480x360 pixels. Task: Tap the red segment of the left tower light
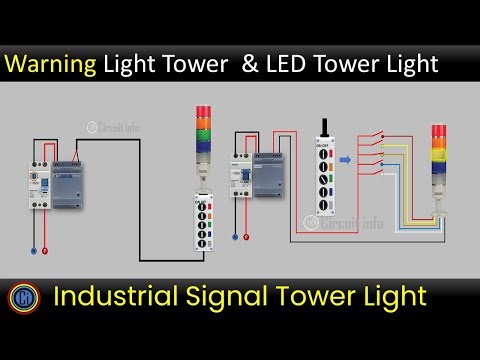(204, 111)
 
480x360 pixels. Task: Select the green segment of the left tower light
(204, 133)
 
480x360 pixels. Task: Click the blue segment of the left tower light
(204, 144)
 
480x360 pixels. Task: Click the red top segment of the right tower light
(438, 132)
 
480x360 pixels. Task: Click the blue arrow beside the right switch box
(346, 158)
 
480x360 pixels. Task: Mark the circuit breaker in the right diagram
(241, 178)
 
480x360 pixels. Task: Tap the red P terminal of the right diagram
(246, 238)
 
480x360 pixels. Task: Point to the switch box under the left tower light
(204, 224)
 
